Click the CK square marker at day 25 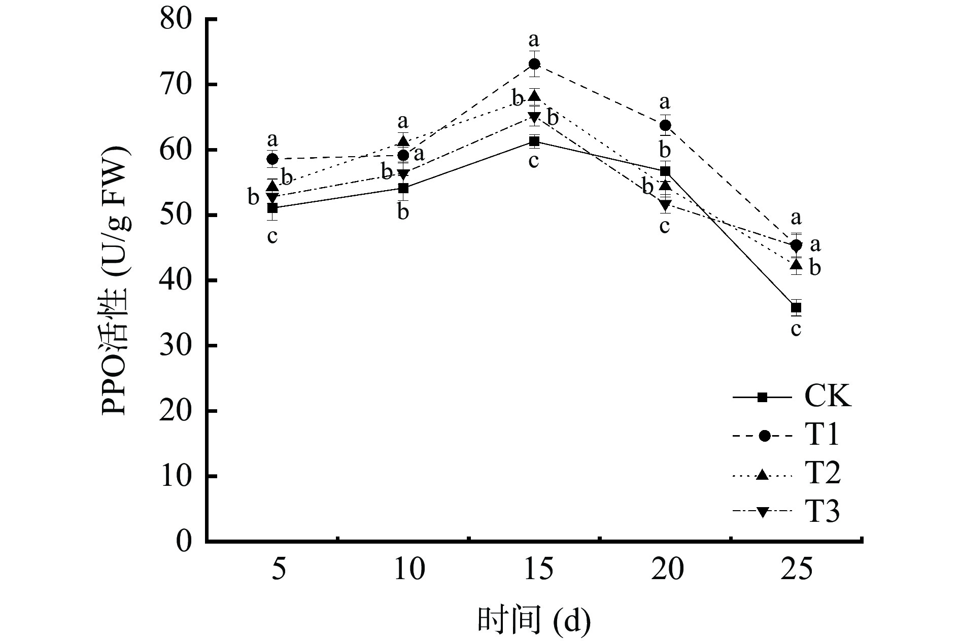point(796,307)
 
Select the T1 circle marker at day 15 point(534,64)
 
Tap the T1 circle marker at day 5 point(272,159)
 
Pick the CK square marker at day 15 point(534,141)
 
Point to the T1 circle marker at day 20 point(665,125)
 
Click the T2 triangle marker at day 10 point(403,141)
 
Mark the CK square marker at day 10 point(403,188)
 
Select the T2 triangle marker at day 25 point(796,264)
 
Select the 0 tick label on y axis point(185,542)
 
